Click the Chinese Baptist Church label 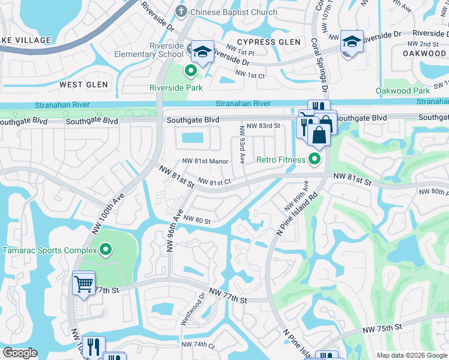pyautogui.click(x=234, y=12)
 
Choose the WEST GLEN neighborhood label pyautogui.click(x=83, y=85)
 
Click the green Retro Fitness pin pyautogui.click(x=314, y=159)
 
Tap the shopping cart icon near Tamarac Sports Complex pyautogui.click(x=83, y=283)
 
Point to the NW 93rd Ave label pyautogui.click(x=243, y=145)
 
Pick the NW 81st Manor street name pyautogui.click(x=206, y=161)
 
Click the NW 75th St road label pyautogui.click(x=381, y=327)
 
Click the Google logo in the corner pyautogui.click(x=20, y=353)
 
